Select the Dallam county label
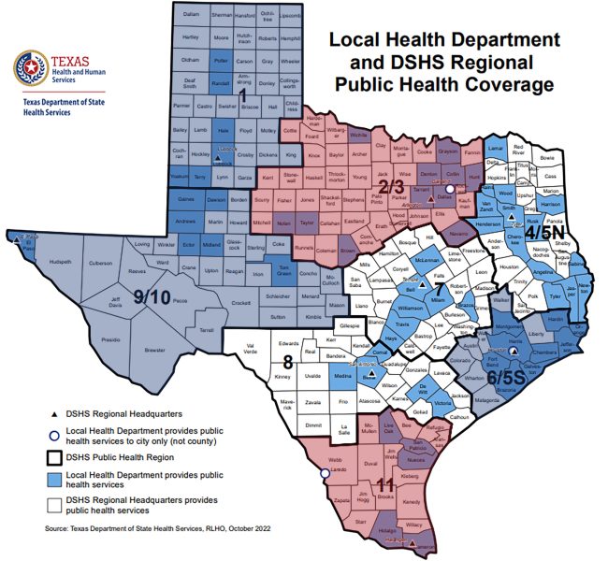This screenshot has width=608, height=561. [x=191, y=16]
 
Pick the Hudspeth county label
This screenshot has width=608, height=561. [x=60, y=262]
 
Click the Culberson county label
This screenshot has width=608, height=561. [x=101, y=265]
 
